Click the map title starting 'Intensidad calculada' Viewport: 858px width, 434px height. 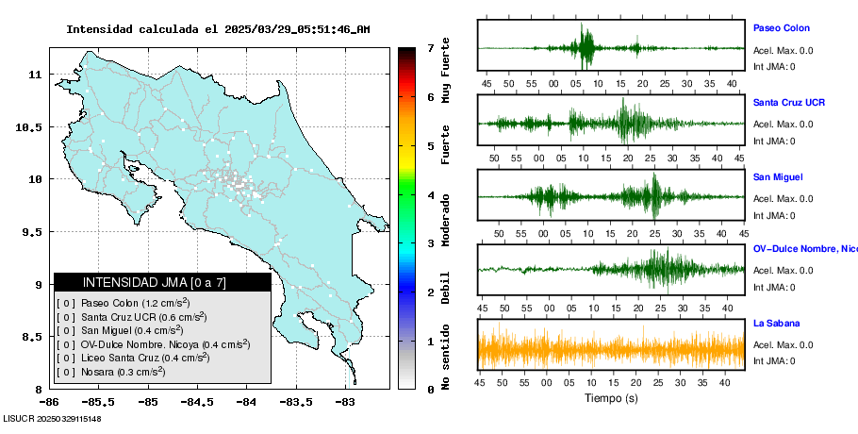[x=218, y=29]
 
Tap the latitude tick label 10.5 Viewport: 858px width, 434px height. [x=29, y=127]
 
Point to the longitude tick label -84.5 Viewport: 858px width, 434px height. [x=198, y=402]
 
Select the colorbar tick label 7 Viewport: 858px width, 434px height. [x=431, y=48]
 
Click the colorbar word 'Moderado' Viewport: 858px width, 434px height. [x=446, y=220]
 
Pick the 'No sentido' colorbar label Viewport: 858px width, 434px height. [x=446, y=357]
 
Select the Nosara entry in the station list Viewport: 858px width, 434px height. [x=110, y=372]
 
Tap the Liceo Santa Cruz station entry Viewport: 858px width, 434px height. [x=133, y=358]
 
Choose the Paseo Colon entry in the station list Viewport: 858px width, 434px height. [x=124, y=303]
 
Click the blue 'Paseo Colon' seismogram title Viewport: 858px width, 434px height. [x=782, y=28]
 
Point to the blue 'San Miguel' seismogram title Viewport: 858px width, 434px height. [x=778, y=176]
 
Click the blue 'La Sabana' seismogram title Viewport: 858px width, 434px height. [x=777, y=323]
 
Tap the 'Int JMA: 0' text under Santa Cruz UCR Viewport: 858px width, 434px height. [x=774, y=142]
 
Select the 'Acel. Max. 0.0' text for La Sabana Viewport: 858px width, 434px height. [x=783, y=344]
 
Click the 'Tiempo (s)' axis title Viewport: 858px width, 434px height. [x=611, y=398]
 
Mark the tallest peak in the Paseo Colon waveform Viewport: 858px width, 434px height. [x=582, y=24]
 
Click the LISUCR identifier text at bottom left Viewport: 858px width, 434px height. [x=52, y=419]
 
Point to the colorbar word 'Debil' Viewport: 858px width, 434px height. [x=446, y=288]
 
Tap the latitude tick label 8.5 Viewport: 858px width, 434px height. [x=33, y=337]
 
